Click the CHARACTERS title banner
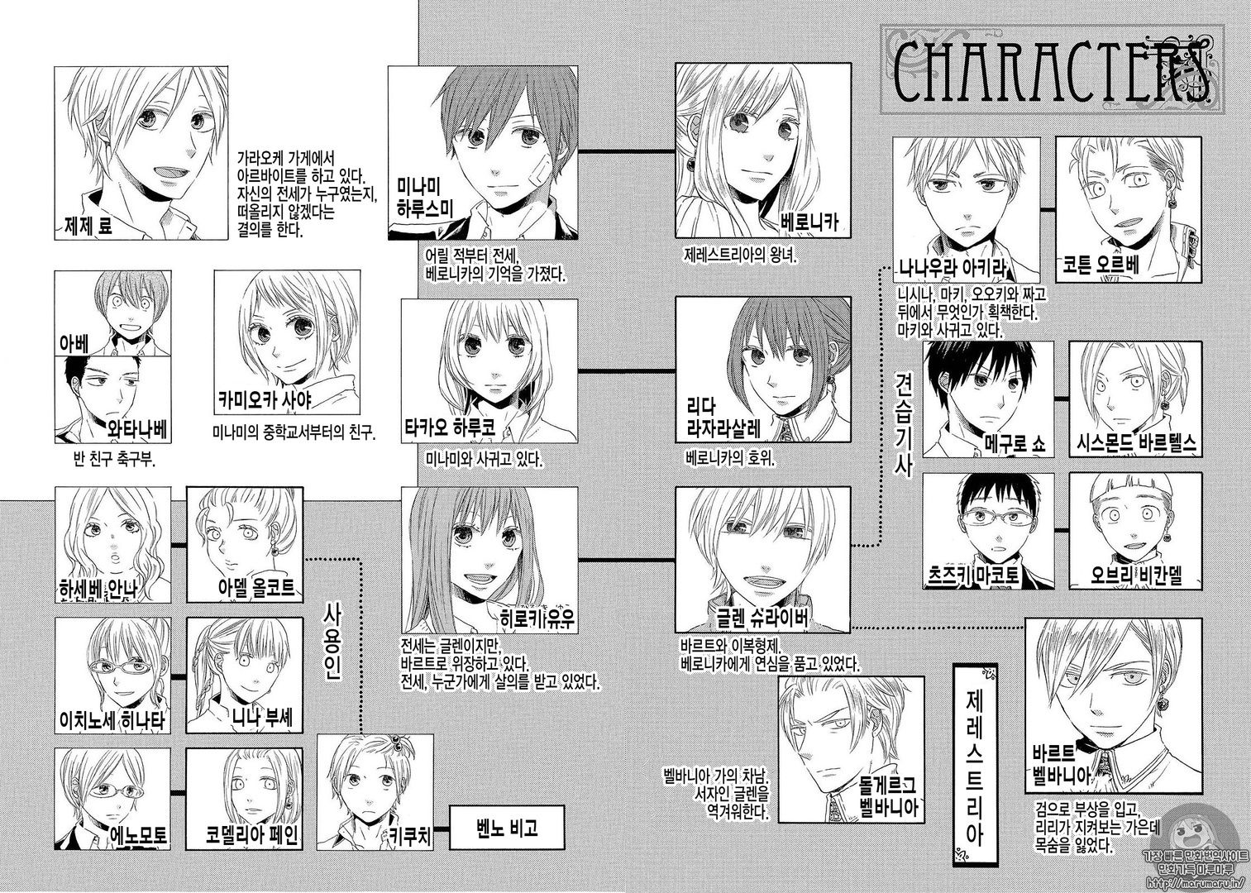1052,69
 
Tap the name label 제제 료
88,226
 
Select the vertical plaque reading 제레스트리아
973,769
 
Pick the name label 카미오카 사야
265,400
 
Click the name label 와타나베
136,430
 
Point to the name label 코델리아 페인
251,836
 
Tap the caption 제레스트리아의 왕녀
740,255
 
